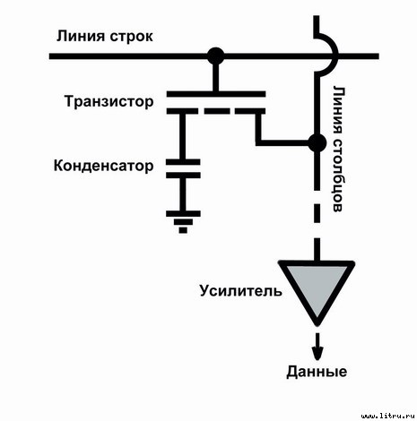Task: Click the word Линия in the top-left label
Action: pos(82,37)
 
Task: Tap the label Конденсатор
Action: pos(104,166)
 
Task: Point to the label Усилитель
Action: pos(240,291)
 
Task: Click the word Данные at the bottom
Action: pos(316,372)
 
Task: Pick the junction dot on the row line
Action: pos(215,56)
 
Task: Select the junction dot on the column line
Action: pos(316,142)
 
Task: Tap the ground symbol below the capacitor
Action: pos(183,219)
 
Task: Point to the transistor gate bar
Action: pos(215,93)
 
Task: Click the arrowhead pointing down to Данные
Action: pos(316,351)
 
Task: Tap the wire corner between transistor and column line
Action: pos(258,142)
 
